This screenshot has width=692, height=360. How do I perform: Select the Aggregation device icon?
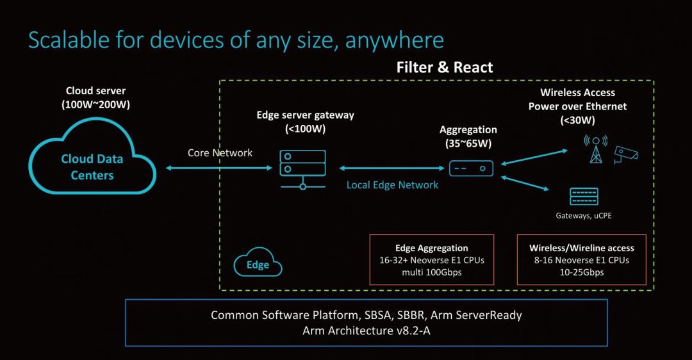471,168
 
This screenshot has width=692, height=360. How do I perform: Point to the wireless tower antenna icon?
595,149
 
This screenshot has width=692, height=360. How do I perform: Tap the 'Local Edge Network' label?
392,184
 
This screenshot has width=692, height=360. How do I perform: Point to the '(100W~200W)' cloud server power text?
95,104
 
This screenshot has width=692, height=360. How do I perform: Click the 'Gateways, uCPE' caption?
583,215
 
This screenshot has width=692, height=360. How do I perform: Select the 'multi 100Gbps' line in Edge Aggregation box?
432,272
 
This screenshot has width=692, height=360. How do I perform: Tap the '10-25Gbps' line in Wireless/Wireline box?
581,272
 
